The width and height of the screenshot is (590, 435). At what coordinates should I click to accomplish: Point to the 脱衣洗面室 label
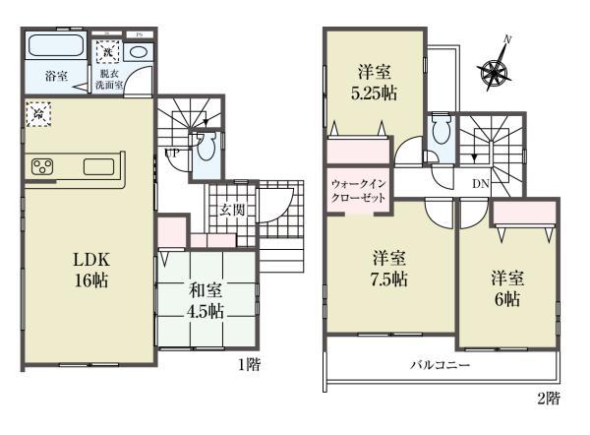pyautogui.click(x=110, y=79)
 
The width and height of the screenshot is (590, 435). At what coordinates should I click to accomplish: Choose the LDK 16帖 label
pyautogui.click(x=88, y=269)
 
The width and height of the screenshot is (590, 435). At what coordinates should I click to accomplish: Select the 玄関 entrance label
pyautogui.click(x=232, y=210)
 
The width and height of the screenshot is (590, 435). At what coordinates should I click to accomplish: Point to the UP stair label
pyautogui.click(x=172, y=154)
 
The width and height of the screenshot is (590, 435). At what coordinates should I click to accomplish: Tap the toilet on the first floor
pyautogui.click(x=205, y=151)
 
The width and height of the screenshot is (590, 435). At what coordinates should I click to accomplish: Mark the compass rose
pyautogui.click(x=495, y=68)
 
